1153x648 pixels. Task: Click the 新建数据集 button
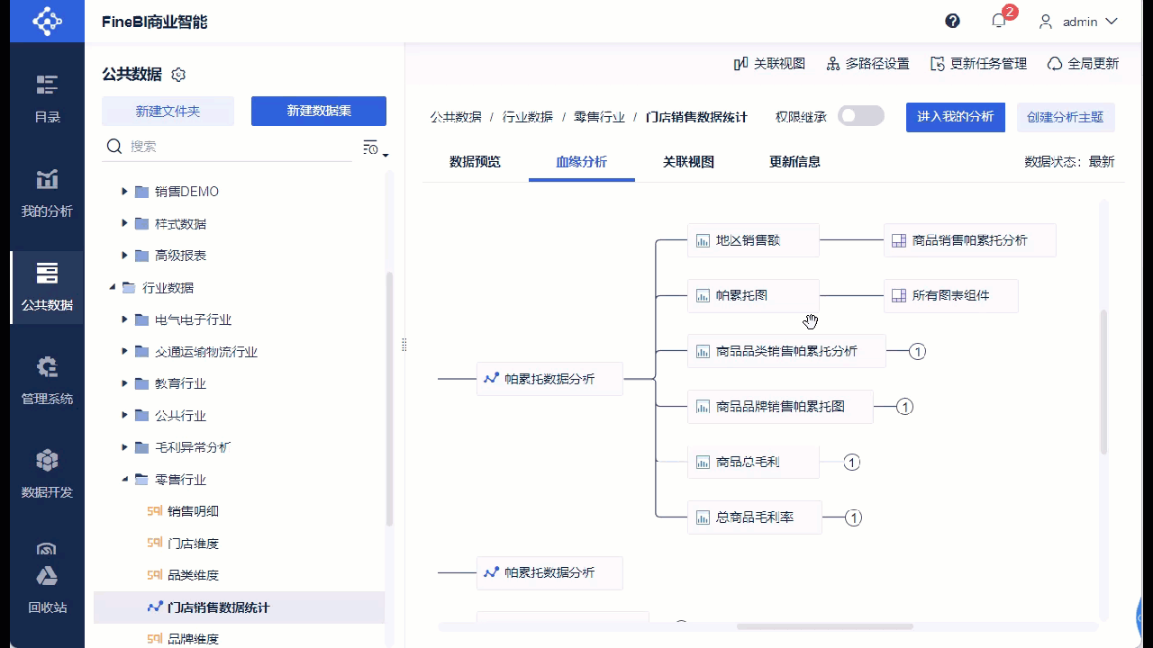coord(319,112)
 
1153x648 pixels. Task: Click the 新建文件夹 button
coord(168,112)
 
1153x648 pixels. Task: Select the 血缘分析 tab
coord(581,162)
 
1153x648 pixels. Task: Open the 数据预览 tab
coord(475,162)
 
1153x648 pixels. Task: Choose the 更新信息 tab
coord(794,162)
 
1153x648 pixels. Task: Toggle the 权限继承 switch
coord(860,116)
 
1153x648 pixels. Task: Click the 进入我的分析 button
coord(955,117)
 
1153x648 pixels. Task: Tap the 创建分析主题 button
coord(1065,117)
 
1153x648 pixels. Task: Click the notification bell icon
coord(998,21)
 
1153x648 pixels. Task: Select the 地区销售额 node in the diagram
coord(753,240)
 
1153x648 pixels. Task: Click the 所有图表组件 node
coord(950,295)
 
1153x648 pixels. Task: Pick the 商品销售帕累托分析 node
coord(969,240)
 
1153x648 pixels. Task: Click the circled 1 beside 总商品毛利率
coord(853,517)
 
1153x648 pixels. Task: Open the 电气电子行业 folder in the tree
coord(193,319)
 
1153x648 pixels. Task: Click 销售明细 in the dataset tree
coord(193,511)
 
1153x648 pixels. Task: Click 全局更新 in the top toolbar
coord(1083,64)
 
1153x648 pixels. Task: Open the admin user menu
coord(1078,22)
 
